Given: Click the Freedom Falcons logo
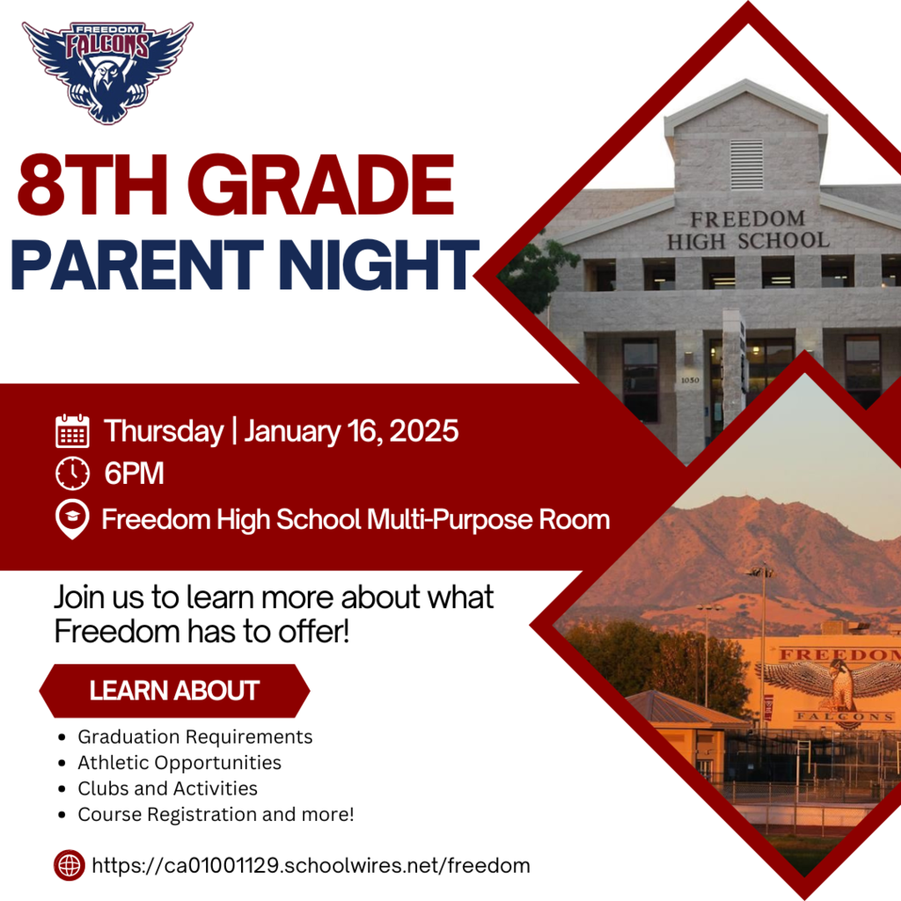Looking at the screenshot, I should coord(107,70).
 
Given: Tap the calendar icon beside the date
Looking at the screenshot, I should coord(72,432).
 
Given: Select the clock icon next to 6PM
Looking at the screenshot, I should coord(72,474).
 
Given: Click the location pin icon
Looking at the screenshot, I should coord(72,519).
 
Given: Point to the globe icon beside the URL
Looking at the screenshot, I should coord(69,865).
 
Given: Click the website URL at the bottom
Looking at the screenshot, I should coord(311,866).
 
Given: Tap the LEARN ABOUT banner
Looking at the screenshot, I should coord(174,691).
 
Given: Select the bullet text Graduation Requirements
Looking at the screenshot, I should coord(194,736).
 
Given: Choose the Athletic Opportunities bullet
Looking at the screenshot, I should coord(179,763).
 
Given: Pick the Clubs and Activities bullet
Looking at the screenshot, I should coord(167,788).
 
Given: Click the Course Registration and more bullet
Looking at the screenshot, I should coord(216,815).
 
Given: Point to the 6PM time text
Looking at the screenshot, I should coord(134,474).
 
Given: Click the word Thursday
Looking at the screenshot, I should coord(164,432).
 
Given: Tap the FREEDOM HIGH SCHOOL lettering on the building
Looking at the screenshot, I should coord(747,230).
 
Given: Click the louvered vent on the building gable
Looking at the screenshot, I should coord(746,165).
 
